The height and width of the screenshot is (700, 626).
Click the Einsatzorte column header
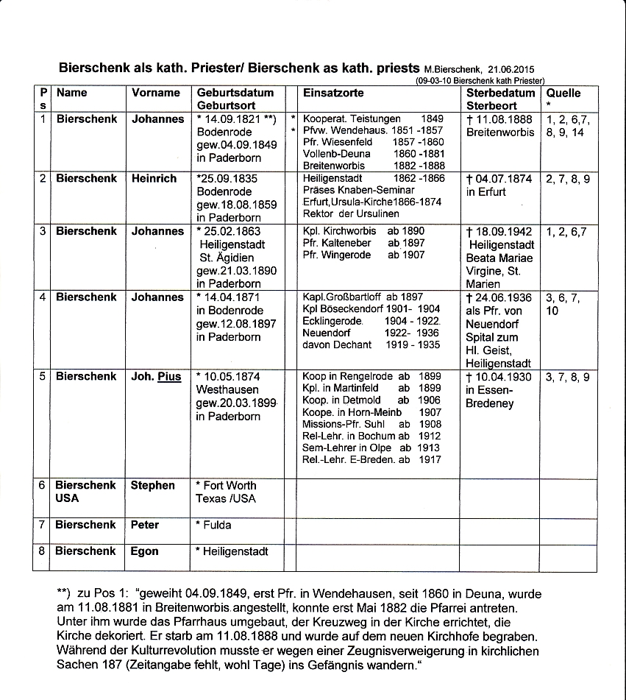click(333, 93)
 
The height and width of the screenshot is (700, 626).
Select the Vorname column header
click(156, 93)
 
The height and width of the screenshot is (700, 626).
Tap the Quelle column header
click(563, 93)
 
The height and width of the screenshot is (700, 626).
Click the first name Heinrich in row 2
click(154, 179)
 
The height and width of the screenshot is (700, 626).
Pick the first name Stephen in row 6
click(153, 486)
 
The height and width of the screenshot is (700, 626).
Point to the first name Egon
click(145, 551)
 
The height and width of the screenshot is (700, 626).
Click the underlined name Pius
click(169, 377)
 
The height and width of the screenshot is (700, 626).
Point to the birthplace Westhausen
click(227, 390)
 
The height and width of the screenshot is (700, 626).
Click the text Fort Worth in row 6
click(230, 486)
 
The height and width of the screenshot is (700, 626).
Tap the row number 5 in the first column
click(43, 377)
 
